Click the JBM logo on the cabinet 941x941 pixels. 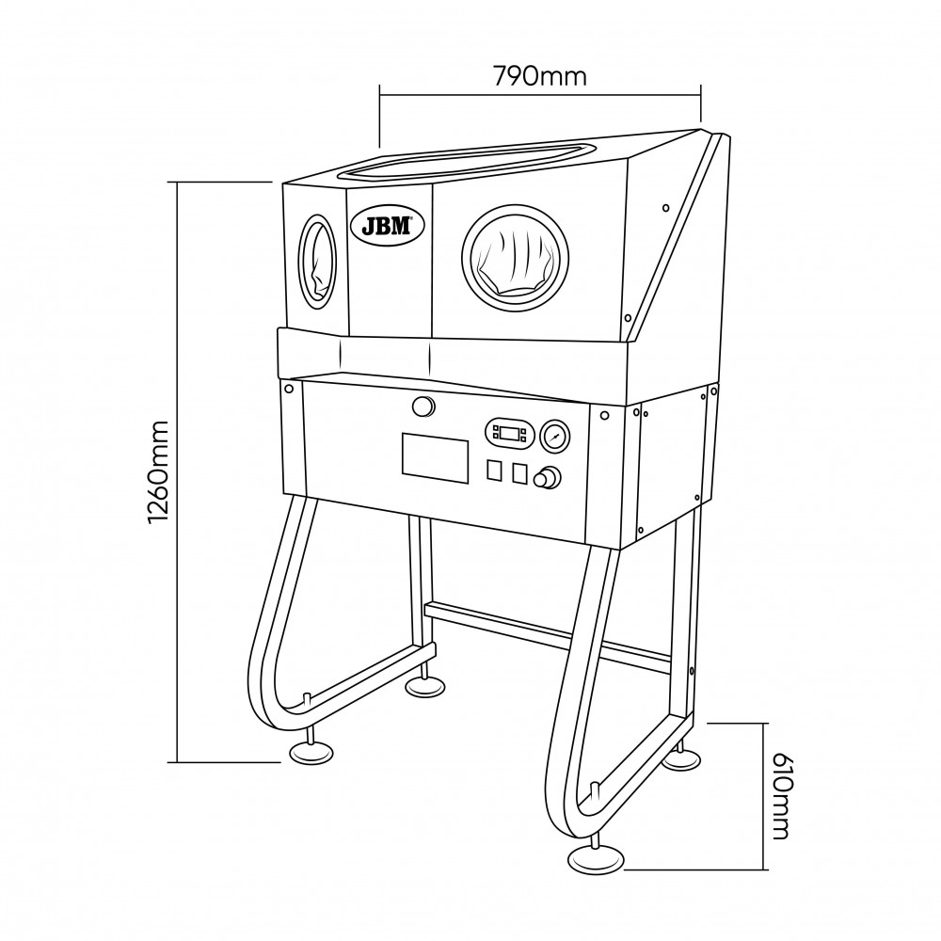pyautogui.click(x=388, y=226)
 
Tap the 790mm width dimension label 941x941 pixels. pyautogui.click(x=539, y=76)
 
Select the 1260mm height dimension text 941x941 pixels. pyautogui.click(x=159, y=471)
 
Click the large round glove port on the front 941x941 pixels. pyautogui.click(x=516, y=258)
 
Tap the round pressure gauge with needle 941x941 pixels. pyautogui.click(x=555, y=435)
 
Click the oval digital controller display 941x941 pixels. pyautogui.click(x=510, y=433)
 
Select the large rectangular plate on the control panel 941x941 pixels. pyautogui.click(x=435, y=457)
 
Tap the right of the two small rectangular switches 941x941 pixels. pyautogui.click(x=519, y=473)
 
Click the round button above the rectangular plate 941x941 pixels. pyautogui.click(x=423, y=407)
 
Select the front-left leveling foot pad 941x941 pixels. pyautogui.click(x=311, y=753)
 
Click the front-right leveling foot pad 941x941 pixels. pyautogui.click(x=596, y=861)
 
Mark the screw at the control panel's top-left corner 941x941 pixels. pyautogui.click(x=289, y=389)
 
